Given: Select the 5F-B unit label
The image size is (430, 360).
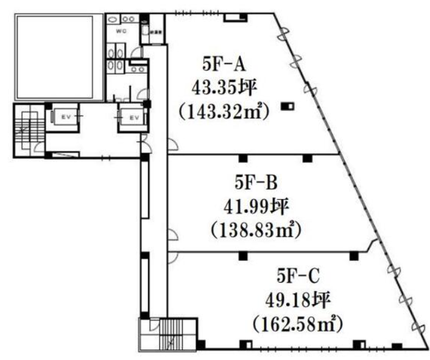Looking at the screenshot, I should tap(255, 182).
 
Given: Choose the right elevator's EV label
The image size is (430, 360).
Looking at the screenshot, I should tap(132, 116).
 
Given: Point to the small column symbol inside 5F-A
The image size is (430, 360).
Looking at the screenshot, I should tap(287, 107).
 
